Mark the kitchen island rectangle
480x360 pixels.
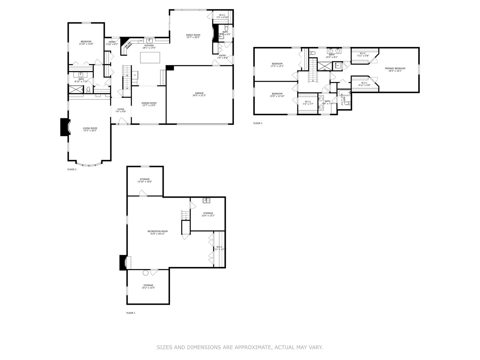point(150,58)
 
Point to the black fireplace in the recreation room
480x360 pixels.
point(123,263)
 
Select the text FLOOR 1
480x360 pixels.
point(131,313)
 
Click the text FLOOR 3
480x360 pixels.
point(258,123)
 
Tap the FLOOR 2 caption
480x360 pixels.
point(72,169)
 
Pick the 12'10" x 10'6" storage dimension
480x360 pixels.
point(145,182)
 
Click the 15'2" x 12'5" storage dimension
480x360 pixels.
point(148,288)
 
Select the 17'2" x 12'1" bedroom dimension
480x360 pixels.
point(277,66)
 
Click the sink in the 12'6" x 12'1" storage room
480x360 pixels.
point(207,201)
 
